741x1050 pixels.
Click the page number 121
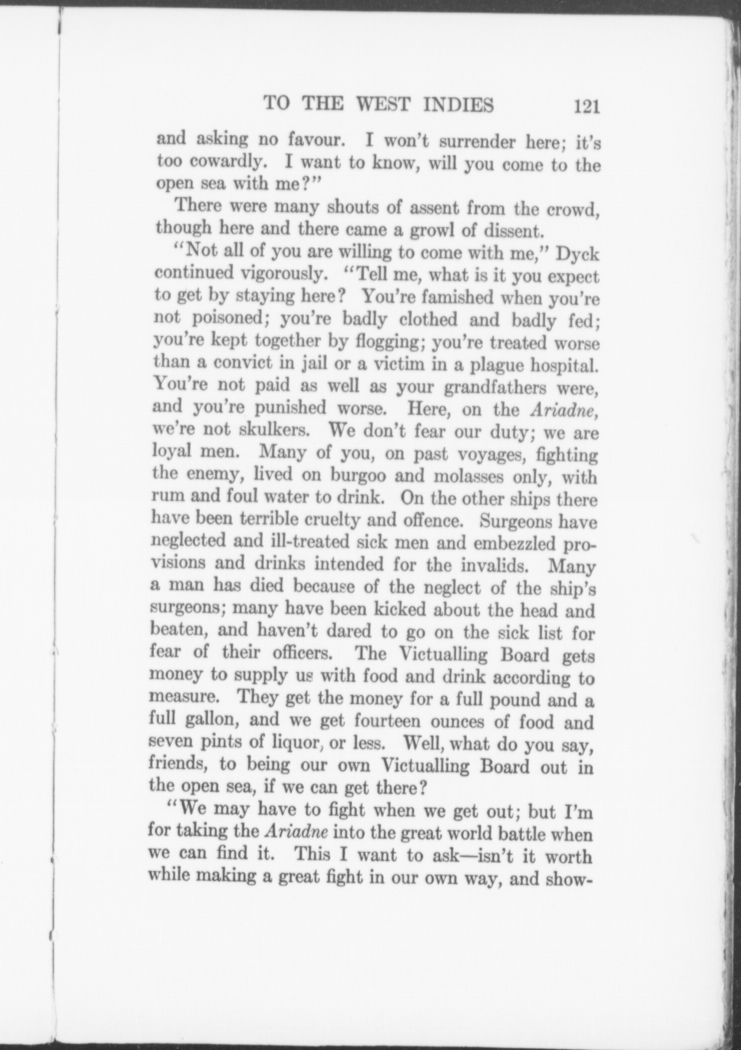point(587,107)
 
